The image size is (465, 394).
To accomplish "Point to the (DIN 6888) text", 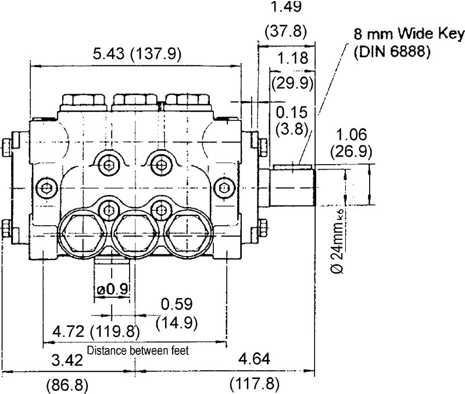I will coord(392,51).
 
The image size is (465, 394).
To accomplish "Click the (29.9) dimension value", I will coord(291,82).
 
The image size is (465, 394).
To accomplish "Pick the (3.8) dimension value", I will coord(291,129).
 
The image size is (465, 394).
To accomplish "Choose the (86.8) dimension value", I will coord(66,384).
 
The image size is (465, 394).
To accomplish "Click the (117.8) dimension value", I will coord(255,384).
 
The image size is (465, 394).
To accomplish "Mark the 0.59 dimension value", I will coord(176,303).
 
